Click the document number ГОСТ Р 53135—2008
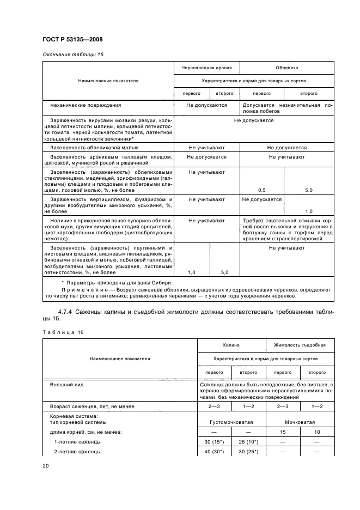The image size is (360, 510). point(72,39)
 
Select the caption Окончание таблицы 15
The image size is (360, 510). point(72,54)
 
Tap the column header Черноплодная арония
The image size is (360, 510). point(206,68)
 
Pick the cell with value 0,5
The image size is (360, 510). point(261,190)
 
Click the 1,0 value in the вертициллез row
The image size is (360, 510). point(308,211)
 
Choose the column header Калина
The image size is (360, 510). point(231,345)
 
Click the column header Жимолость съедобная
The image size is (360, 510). point(300,345)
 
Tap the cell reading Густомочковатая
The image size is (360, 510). point(231,422)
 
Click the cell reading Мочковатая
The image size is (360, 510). point(300,422)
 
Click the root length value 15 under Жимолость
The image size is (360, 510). point(282,432)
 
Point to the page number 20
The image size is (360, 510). point(46,466)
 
